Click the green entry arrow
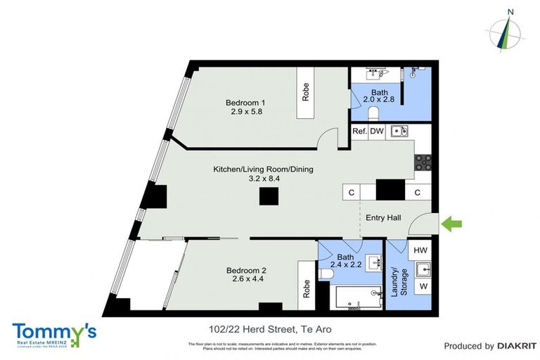(x=452, y=224)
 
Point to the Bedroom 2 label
(x=246, y=275)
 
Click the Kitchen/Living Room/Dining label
(x=263, y=174)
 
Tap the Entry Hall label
(x=383, y=218)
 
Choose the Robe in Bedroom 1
(x=306, y=94)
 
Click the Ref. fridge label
(x=359, y=131)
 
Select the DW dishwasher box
(x=377, y=131)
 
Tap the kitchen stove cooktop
(x=423, y=163)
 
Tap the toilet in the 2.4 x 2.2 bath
(x=326, y=274)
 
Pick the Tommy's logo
(x=54, y=334)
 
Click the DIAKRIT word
(x=517, y=346)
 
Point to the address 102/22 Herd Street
(x=270, y=329)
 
